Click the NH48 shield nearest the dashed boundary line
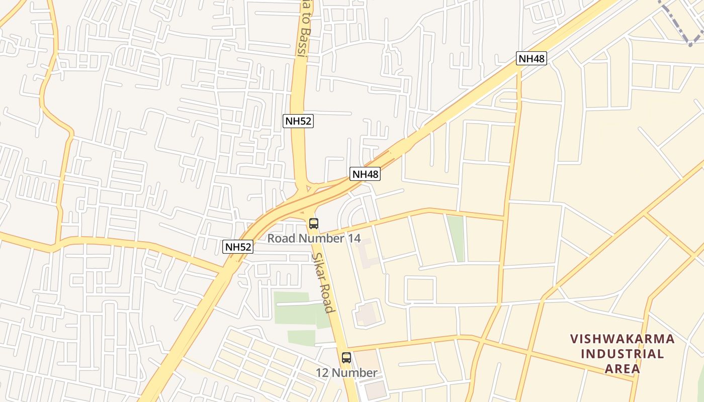tap(532, 58)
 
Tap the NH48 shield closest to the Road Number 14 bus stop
tap(365, 174)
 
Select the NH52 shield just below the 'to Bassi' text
tap(298, 121)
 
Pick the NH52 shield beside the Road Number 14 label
tap(238, 247)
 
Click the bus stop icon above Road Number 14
tap(314, 224)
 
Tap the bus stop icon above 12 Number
tap(346, 358)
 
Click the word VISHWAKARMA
tap(623, 339)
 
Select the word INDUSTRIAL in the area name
tap(623, 354)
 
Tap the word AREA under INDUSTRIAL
tap(623, 369)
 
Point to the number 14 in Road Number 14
tap(354, 238)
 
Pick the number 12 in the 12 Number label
tap(322, 373)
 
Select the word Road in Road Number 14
tap(279, 238)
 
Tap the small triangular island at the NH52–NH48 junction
tap(308, 190)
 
